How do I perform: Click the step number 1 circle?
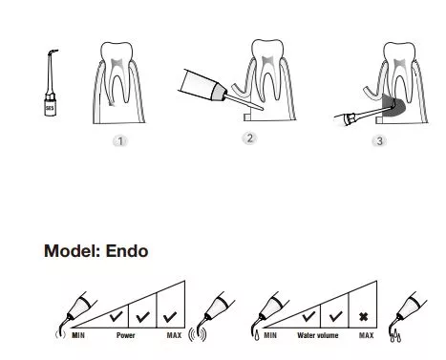click(120, 141)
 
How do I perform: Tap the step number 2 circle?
click(249, 138)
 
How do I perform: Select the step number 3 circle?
click(379, 140)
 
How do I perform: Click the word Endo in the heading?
click(127, 251)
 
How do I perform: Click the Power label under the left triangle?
click(126, 335)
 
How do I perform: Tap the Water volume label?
click(318, 335)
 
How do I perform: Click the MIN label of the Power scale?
click(78, 335)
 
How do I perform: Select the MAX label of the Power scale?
click(174, 335)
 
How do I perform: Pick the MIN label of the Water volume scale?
click(270, 335)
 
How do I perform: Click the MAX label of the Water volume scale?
click(367, 335)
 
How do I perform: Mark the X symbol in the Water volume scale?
click(363, 317)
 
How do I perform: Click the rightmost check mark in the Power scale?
click(170, 316)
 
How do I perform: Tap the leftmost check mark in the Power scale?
click(116, 316)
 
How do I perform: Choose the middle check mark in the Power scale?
click(142, 316)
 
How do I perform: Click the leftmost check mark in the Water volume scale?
click(308, 316)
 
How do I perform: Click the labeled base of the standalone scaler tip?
click(50, 108)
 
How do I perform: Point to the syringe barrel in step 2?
click(199, 83)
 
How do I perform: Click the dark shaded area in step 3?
click(393, 106)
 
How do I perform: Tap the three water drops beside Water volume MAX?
click(395, 336)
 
